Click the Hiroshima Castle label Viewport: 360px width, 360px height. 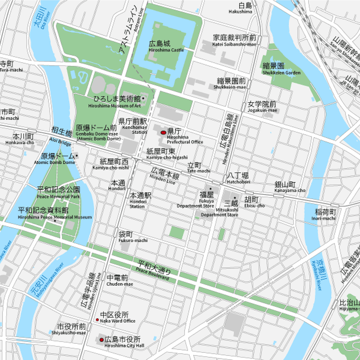click(x=166, y=46)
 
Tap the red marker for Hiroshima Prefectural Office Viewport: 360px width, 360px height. click(x=163, y=133)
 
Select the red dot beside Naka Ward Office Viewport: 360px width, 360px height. click(x=97, y=319)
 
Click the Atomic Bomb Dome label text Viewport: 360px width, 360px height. click(x=58, y=159)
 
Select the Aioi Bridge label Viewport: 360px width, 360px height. click(x=61, y=137)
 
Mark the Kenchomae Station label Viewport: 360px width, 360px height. click(x=133, y=126)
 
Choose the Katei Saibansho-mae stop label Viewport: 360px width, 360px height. click(x=234, y=40)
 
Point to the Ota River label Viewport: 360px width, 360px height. click(x=42, y=19)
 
